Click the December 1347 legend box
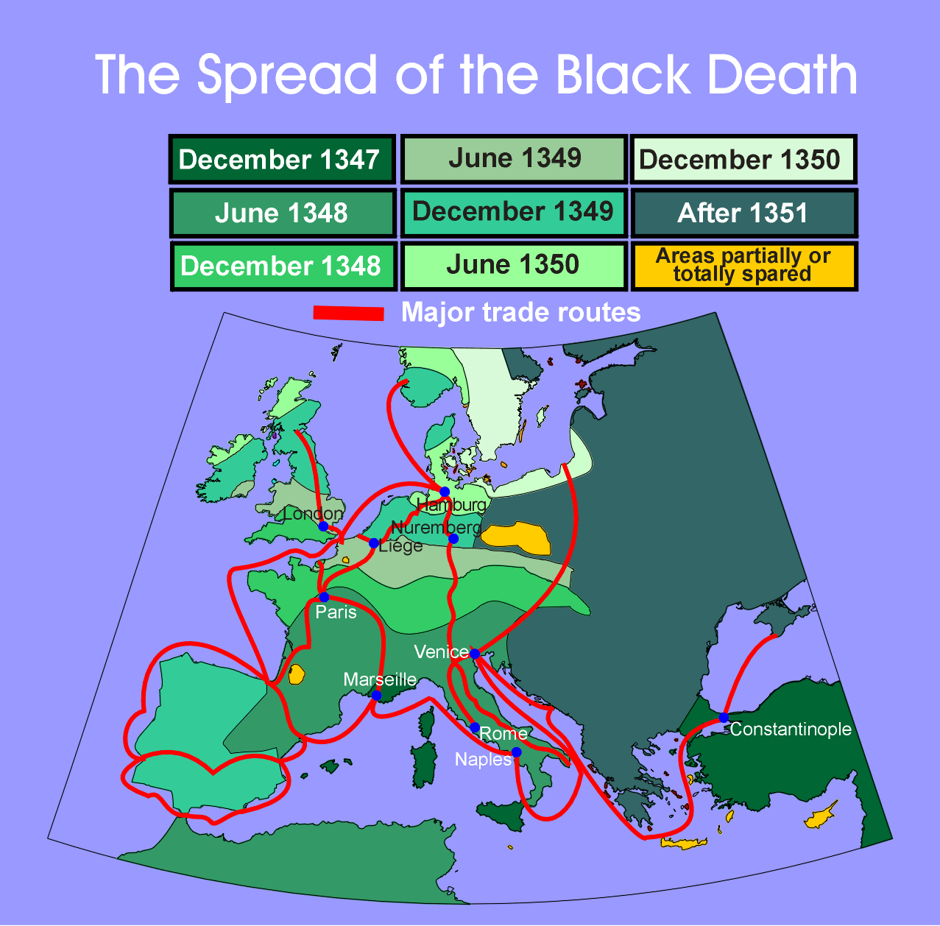[282, 159]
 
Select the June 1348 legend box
[282, 213]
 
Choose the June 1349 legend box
[514, 158]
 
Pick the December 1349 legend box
[513, 212]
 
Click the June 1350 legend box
[513, 265]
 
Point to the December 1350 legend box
[743, 159]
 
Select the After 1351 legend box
[743, 213]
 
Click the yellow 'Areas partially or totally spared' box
[743, 266]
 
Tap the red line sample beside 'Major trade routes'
[348, 313]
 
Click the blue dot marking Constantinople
[724, 717]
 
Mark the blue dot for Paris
[324, 597]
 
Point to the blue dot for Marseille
[376, 695]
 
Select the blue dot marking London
[323, 526]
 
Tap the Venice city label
[441, 652]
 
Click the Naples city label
[482, 760]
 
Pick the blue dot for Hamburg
[445, 492]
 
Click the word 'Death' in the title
[780, 75]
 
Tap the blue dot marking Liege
[374, 543]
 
